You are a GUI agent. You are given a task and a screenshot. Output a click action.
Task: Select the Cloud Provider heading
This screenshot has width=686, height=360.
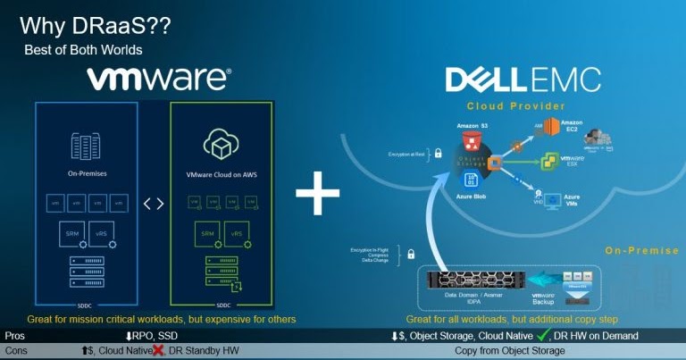point(516,106)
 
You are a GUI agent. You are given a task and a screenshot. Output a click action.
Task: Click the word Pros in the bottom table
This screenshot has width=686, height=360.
point(14,336)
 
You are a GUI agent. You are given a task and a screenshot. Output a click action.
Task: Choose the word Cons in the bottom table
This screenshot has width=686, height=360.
point(16,351)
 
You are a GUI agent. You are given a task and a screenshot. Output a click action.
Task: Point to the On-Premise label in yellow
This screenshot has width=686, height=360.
point(637,250)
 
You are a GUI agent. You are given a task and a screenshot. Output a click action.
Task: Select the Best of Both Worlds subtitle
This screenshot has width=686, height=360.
point(83,50)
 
